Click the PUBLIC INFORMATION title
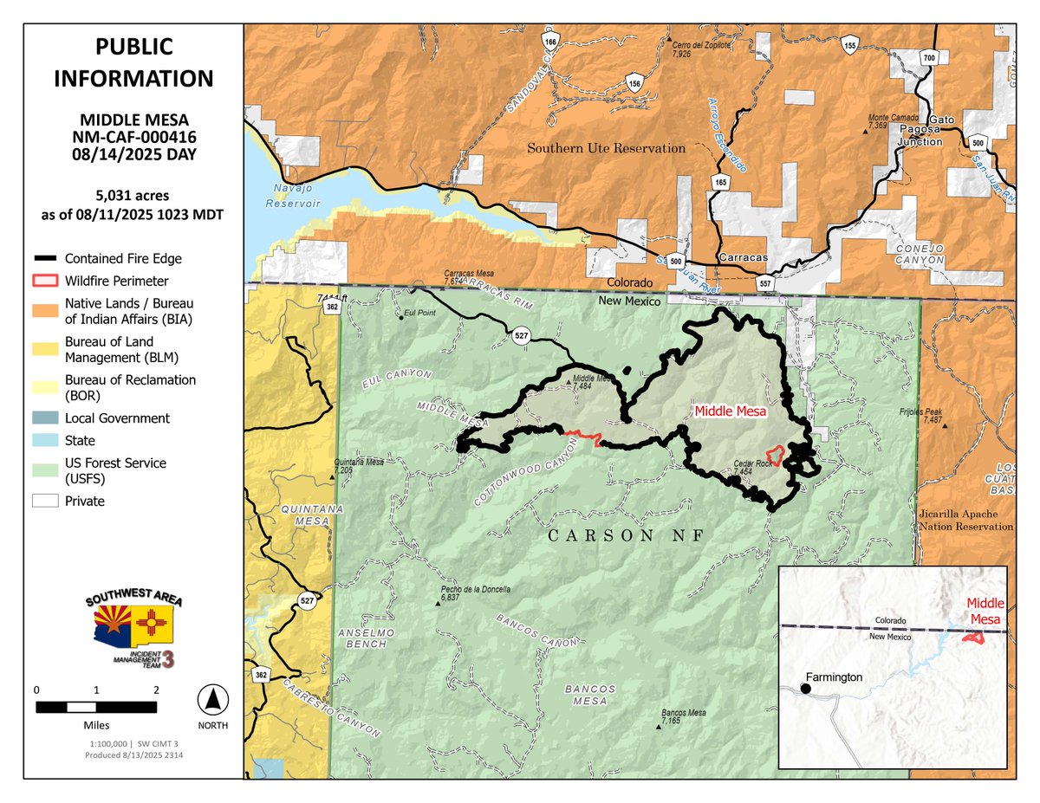point(133,62)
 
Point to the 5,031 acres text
point(133,196)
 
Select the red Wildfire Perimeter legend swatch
point(46,281)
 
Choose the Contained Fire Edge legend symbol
point(46,258)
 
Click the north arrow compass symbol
point(214,697)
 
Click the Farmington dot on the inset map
point(805,689)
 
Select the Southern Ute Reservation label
point(606,148)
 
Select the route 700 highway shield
point(930,57)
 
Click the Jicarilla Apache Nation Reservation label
point(965,521)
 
